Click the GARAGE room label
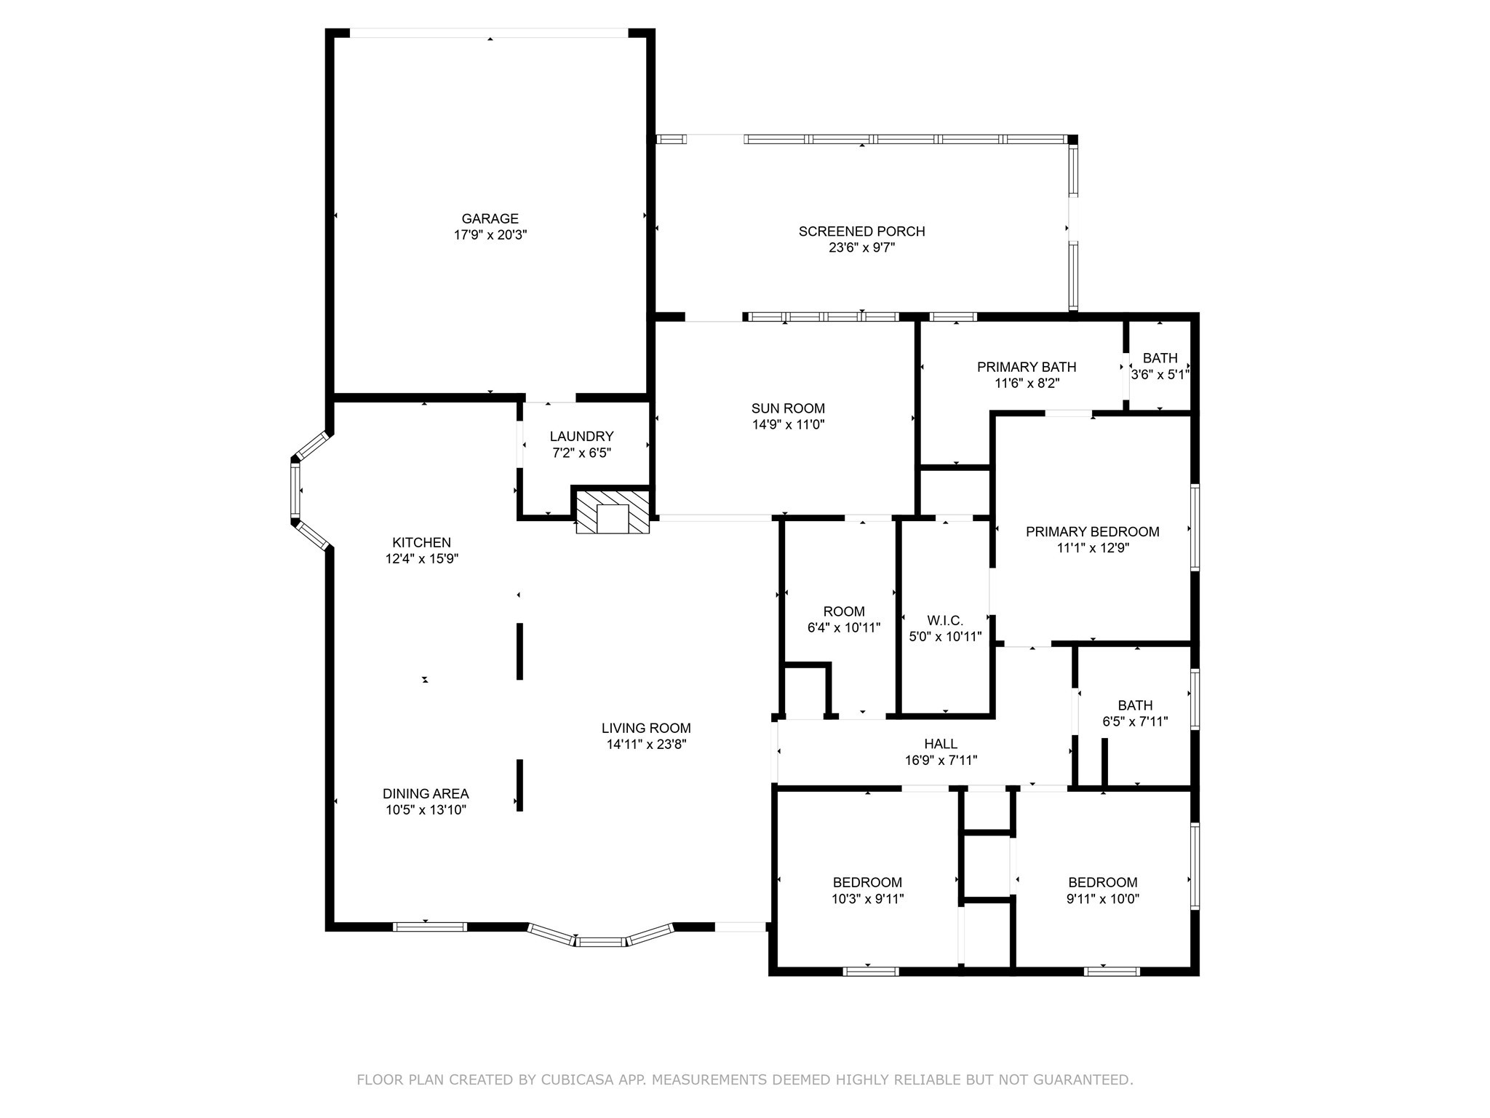[x=490, y=218]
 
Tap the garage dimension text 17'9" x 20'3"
[x=490, y=235]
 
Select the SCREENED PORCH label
[x=861, y=231]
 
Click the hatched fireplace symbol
[x=612, y=512]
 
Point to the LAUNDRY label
[x=581, y=436]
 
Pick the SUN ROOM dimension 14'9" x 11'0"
[x=788, y=424]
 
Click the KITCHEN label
[x=421, y=542]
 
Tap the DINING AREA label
[x=426, y=793]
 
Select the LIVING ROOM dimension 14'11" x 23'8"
[x=646, y=744]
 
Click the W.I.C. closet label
[x=945, y=620]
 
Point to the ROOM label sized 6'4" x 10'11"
[x=844, y=611]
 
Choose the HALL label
[x=941, y=744]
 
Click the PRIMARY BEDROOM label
[x=1092, y=531]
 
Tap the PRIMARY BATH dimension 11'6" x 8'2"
[x=1027, y=383]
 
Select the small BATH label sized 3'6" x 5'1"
[x=1160, y=358]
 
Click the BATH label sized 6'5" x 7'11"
[x=1135, y=705]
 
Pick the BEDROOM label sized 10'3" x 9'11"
[x=867, y=882]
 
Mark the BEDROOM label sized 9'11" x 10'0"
[x=1102, y=882]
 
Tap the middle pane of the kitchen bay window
[x=295, y=490]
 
